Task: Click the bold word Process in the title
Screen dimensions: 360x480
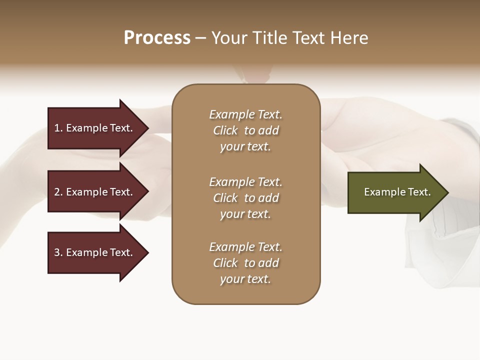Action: (157, 38)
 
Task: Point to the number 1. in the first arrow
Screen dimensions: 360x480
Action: (58, 128)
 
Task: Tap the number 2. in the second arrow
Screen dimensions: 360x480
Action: (58, 192)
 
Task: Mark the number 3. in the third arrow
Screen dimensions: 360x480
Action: (58, 252)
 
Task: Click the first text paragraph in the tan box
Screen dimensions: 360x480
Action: (246, 130)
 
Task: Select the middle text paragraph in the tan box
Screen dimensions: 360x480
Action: (246, 198)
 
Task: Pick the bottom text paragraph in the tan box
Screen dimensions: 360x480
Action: (246, 263)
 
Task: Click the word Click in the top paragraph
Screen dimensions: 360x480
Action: (225, 130)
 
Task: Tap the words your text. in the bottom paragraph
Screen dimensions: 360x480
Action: (245, 279)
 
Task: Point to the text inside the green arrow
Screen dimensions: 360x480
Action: (397, 192)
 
